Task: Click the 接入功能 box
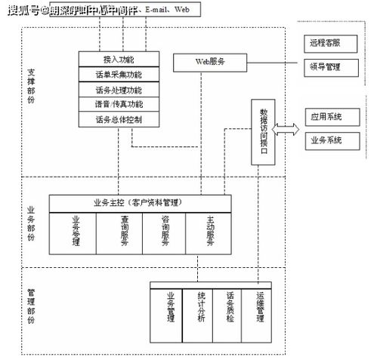click(x=119, y=59)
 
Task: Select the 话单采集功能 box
click(x=119, y=75)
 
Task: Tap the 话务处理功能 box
click(x=119, y=90)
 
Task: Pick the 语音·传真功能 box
click(x=119, y=104)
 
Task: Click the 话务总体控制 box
click(x=119, y=119)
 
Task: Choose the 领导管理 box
click(x=326, y=66)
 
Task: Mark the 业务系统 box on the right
click(x=326, y=140)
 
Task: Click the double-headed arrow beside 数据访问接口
click(x=286, y=130)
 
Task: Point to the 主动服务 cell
click(x=210, y=233)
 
